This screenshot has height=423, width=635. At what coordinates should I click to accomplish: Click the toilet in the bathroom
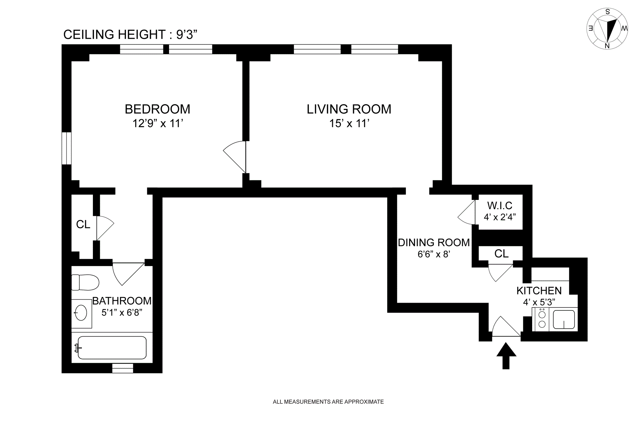[85, 282]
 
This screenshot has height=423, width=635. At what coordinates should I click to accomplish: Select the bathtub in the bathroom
[112, 348]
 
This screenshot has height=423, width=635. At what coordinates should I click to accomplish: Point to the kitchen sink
[564, 319]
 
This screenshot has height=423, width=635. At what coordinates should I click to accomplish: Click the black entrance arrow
[506, 356]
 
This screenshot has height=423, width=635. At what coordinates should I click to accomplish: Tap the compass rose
[607, 29]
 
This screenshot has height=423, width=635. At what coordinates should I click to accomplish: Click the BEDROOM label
[157, 109]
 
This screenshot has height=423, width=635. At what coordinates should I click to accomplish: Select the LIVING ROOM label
[349, 109]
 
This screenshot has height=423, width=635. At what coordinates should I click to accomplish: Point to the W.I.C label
[500, 206]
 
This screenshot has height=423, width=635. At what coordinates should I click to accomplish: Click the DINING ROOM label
[434, 243]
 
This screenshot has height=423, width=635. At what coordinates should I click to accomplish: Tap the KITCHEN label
[539, 291]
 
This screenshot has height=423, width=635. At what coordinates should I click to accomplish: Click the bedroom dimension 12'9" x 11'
[158, 123]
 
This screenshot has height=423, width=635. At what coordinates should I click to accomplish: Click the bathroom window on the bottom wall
[123, 368]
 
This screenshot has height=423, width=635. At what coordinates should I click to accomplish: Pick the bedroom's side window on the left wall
[66, 148]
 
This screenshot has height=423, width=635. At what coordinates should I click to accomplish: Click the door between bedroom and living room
[235, 157]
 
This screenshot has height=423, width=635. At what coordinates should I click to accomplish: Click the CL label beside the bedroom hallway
[83, 224]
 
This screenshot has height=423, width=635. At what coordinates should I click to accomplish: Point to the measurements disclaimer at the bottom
[328, 402]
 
